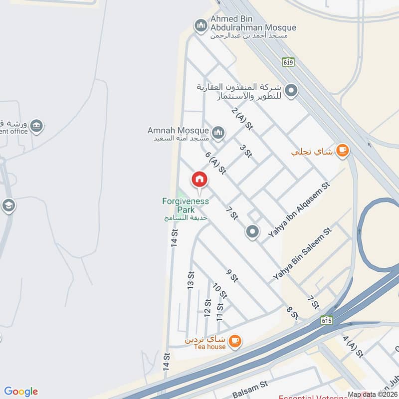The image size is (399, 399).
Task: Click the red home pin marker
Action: (x=199, y=179)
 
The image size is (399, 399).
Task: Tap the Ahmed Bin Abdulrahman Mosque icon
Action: (x=201, y=25)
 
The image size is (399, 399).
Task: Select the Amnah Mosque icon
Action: (x=217, y=133)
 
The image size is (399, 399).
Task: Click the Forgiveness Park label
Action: (x=186, y=205)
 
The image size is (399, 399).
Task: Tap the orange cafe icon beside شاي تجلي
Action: (x=342, y=150)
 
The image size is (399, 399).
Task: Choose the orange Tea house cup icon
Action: (x=235, y=341)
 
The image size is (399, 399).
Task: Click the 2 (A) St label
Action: (x=243, y=119)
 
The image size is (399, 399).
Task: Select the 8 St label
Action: (x=292, y=313)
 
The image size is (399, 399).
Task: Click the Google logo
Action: (x=21, y=392)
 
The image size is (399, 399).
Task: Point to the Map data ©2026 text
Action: (x=372, y=395)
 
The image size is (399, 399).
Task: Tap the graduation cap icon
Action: (x=8, y=205)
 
